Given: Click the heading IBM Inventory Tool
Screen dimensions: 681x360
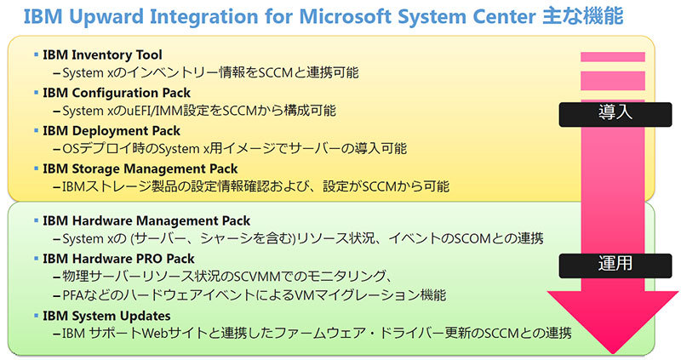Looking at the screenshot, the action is pyautogui.click(x=102, y=54).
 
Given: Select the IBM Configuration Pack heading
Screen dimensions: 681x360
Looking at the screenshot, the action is pyautogui.click(x=117, y=93).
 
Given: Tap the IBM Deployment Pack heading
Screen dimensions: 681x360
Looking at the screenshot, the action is pyautogui.click(x=112, y=131).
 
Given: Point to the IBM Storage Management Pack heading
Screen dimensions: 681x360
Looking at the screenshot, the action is pyautogui.click(x=140, y=169).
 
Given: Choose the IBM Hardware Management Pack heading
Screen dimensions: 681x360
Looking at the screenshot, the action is pyautogui.click(x=146, y=220).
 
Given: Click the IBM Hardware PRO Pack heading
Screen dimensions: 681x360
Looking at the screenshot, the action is pyautogui.click(x=118, y=259).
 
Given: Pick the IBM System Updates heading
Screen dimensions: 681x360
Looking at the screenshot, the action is pyautogui.click(x=106, y=316).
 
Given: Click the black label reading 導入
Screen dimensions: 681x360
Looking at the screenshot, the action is pyautogui.click(x=615, y=114).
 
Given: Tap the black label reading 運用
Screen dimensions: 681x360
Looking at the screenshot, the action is pyautogui.click(x=615, y=266).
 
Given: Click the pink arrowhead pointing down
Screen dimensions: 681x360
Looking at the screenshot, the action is pyautogui.click(x=613, y=322).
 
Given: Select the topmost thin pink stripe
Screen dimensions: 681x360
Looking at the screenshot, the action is pyautogui.click(x=613, y=57).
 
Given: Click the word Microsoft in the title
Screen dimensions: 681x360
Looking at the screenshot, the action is pyautogui.click(x=346, y=16).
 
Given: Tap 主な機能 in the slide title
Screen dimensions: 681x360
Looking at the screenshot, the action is pyautogui.click(x=583, y=16).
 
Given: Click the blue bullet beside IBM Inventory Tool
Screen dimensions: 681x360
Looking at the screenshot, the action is pyautogui.click(x=36, y=54).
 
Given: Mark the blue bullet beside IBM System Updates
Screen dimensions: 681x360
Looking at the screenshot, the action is pyautogui.click(x=36, y=316).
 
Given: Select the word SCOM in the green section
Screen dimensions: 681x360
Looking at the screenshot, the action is pyautogui.click(x=473, y=238).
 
